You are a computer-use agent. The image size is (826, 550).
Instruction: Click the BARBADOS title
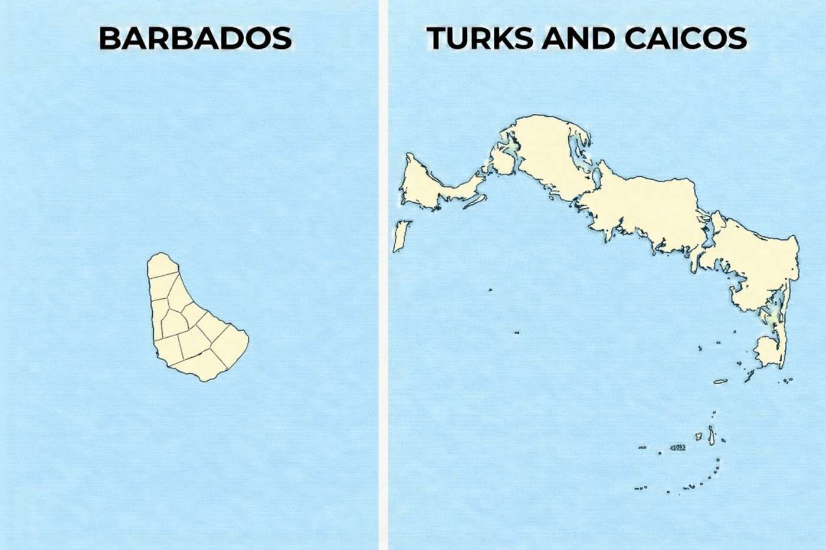195,38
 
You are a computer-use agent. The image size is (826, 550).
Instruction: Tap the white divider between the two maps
383,275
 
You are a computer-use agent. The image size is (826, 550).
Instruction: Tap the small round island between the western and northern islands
502,162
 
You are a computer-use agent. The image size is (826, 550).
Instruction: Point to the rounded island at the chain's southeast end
767,351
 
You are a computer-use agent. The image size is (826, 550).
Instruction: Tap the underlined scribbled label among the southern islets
678,447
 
